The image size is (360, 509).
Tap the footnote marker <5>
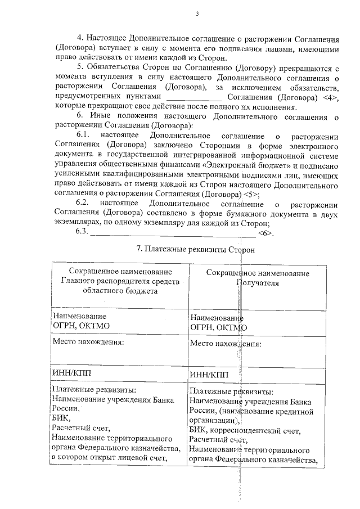[251, 193]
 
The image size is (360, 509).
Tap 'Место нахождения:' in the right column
[226, 343]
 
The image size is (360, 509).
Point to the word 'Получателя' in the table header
[257, 282]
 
